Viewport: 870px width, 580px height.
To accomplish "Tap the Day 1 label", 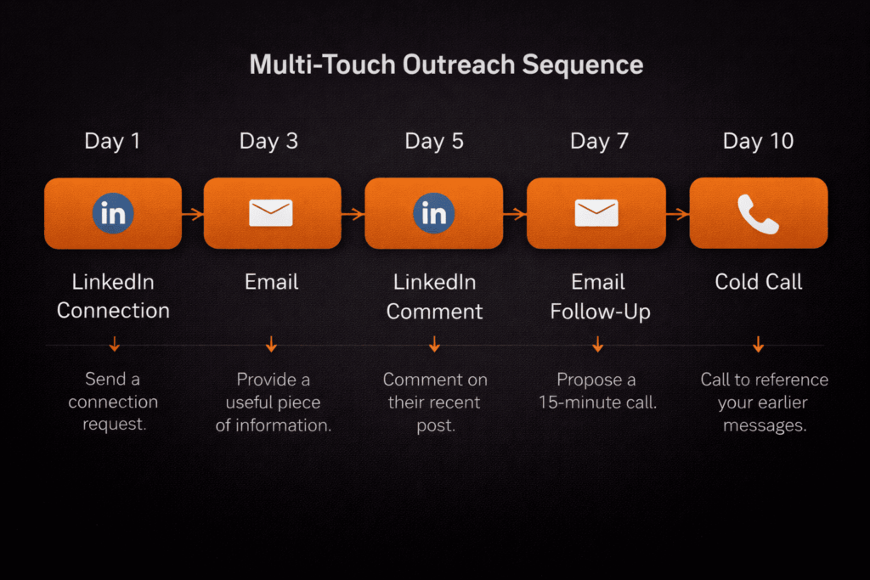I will (x=112, y=141).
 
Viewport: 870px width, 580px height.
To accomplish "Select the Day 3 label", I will (x=268, y=141).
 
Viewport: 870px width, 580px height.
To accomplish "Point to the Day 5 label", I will (x=434, y=141).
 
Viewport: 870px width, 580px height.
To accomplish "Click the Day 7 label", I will (x=599, y=141).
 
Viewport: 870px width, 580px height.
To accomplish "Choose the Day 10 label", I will (x=758, y=141).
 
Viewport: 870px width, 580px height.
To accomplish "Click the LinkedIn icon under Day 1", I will (x=112, y=213).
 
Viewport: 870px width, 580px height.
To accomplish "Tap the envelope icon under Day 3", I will (x=270, y=213).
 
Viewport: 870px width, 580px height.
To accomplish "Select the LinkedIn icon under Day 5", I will (x=433, y=213).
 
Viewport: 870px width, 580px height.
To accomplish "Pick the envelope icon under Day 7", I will (x=596, y=213).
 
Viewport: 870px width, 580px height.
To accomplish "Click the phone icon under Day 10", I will (x=758, y=213).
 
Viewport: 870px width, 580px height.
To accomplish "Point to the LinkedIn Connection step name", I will (x=113, y=296).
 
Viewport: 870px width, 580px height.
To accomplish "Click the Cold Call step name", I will (x=759, y=282).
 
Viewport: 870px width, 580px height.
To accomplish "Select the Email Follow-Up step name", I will (x=600, y=296).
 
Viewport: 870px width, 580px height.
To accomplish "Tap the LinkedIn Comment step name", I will (x=434, y=296).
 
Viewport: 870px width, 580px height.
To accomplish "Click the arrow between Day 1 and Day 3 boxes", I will (x=193, y=215).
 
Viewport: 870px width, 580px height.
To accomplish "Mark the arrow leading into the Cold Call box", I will (x=677, y=215).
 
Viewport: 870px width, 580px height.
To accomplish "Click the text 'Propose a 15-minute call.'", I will (x=598, y=391).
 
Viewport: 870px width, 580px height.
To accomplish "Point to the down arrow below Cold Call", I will (x=758, y=344).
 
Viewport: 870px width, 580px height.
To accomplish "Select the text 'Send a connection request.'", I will (x=113, y=402).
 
